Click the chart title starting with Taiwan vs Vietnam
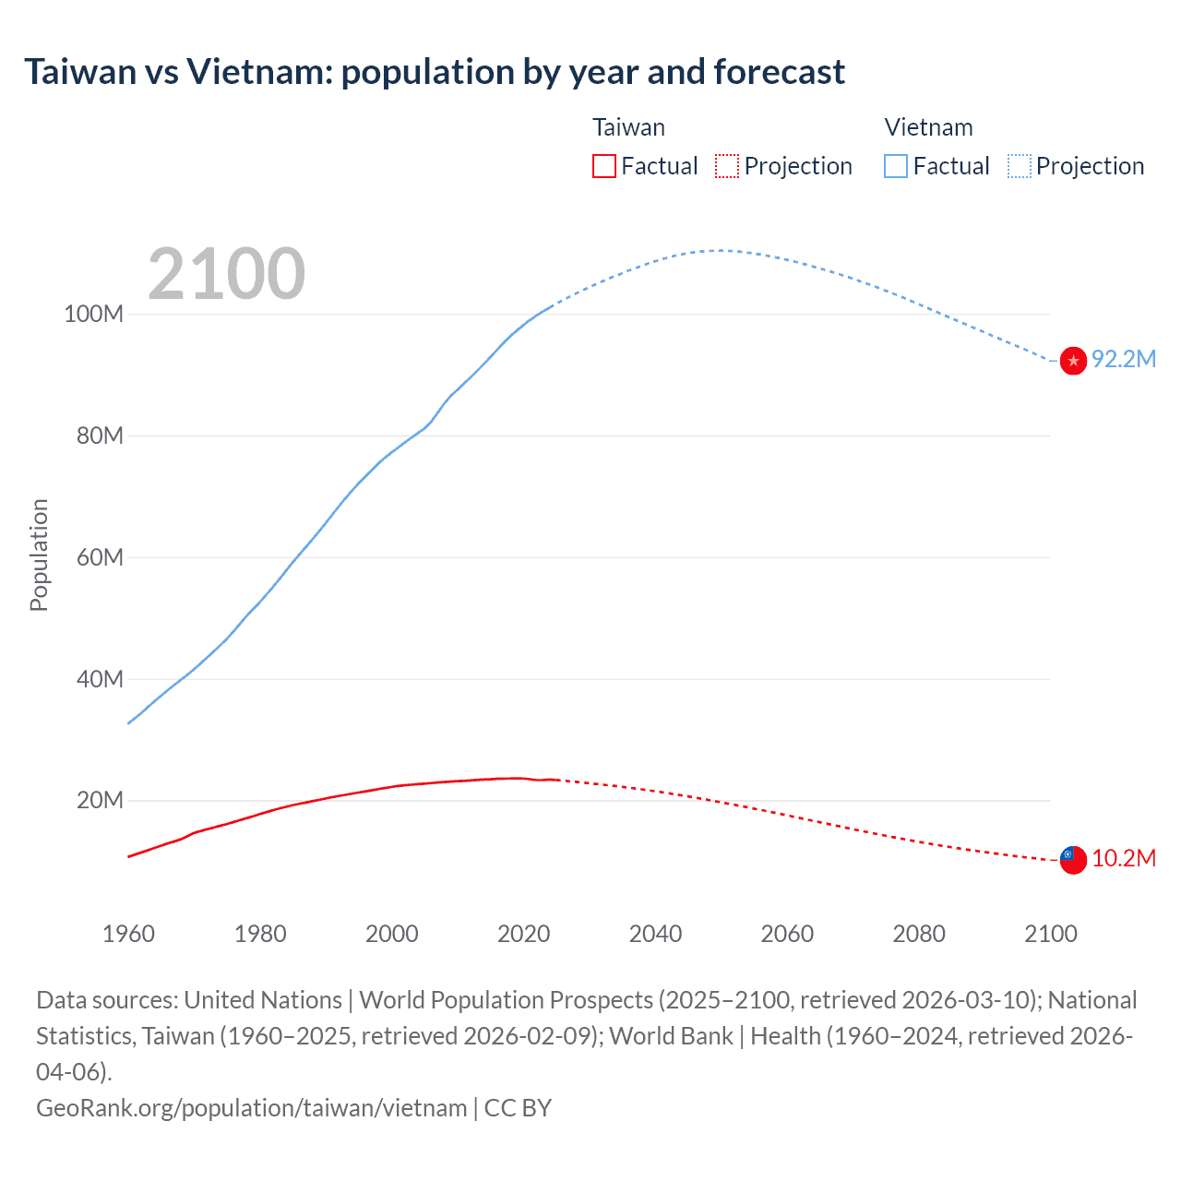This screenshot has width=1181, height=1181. pyautogui.click(x=435, y=72)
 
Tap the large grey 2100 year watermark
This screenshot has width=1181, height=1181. pyautogui.click(x=226, y=274)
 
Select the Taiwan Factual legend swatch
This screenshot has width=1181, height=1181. pyautogui.click(x=604, y=166)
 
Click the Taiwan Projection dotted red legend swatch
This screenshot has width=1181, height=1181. pyautogui.click(x=727, y=166)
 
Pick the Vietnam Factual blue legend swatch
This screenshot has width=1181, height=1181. pyautogui.click(x=896, y=166)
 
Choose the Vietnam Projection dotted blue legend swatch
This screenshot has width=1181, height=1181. pyautogui.click(x=1020, y=166)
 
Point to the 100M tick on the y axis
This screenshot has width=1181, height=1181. pyautogui.click(x=93, y=314)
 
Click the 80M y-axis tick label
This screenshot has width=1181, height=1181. pyautogui.click(x=100, y=435)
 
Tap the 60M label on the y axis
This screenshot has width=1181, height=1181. pyautogui.click(x=100, y=557)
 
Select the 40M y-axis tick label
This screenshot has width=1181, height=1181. pyautogui.click(x=100, y=679)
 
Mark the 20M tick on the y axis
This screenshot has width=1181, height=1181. pyautogui.click(x=100, y=801)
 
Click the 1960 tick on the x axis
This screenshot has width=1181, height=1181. pyautogui.click(x=128, y=934)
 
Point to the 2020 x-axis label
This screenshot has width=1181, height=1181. pyautogui.click(x=524, y=934)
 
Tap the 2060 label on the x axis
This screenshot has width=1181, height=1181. pyautogui.click(x=787, y=934)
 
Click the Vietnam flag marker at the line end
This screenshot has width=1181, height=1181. pyautogui.click(x=1073, y=361)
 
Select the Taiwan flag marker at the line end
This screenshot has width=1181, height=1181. pyautogui.click(x=1073, y=860)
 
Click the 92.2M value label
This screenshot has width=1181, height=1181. pyautogui.click(x=1124, y=360)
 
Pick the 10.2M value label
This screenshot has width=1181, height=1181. pyautogui.click(x=1124, y=859)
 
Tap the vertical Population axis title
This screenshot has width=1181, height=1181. pyautogui.click(x=39, y=555)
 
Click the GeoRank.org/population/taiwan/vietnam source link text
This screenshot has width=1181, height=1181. pyautogui.click(x=251, y=1108)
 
